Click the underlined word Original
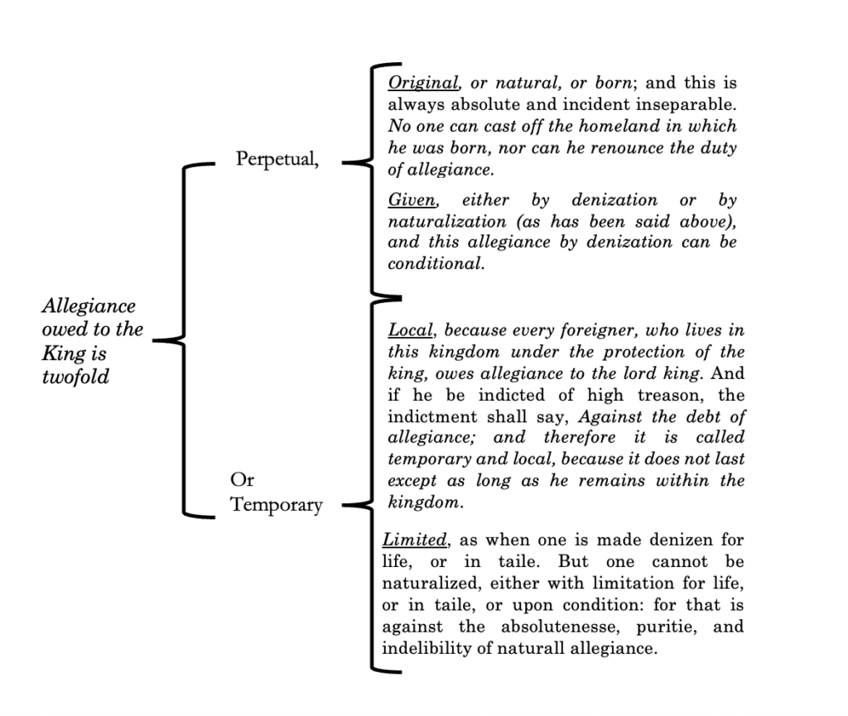tap(423, 84)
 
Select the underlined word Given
tap(412, 201)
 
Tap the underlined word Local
tap(410, 330)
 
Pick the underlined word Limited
tap(415, 541)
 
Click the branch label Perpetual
tap(276, 159)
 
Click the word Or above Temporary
tap(243, 481)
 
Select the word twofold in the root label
tap(75, 377)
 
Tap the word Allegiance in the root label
tap(89, 306)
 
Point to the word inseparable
tap(687, 105)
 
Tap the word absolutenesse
tap(554, 627)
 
